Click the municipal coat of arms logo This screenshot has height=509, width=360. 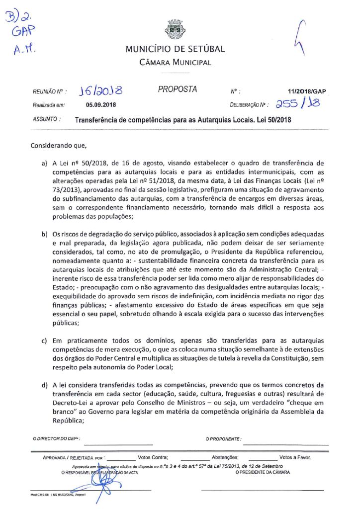(175, 29)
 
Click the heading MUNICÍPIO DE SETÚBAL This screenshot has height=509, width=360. (175, 49)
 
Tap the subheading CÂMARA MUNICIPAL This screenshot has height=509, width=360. (175, 63)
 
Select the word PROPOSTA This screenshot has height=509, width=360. (177, 89)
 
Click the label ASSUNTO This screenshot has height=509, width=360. (46, 120)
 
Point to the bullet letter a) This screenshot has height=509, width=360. (45, 163)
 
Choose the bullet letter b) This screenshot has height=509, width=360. (45, 234)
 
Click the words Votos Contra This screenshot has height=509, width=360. (153, 457)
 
